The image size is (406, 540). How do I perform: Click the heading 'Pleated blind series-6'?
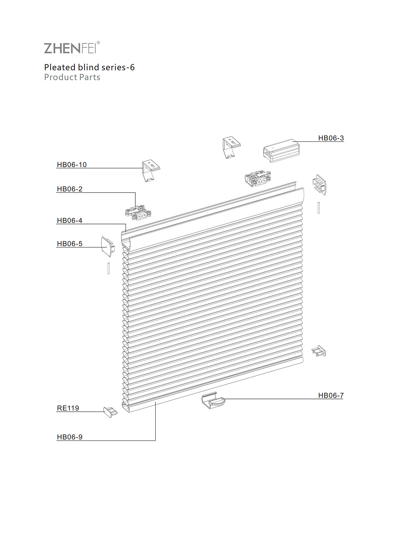click(x=90, y=67)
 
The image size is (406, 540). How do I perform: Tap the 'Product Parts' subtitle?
click(x=72, y=77)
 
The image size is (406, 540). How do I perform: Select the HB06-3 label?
click(x=331, y=138)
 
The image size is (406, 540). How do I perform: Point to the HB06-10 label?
click(x=72, y=164)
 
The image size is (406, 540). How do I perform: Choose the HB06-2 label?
click(x=70, y=189)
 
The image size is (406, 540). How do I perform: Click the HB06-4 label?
click(x=70, y=220)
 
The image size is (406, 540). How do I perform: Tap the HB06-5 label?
click(x=70, y=244)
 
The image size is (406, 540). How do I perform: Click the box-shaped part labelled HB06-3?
click(x=281, y=151)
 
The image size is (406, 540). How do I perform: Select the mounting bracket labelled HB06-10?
click(x=151, y=171)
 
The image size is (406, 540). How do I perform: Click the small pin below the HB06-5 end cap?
click(x=109, y=268)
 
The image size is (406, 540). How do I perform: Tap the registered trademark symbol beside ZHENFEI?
click(x=98, y=43)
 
